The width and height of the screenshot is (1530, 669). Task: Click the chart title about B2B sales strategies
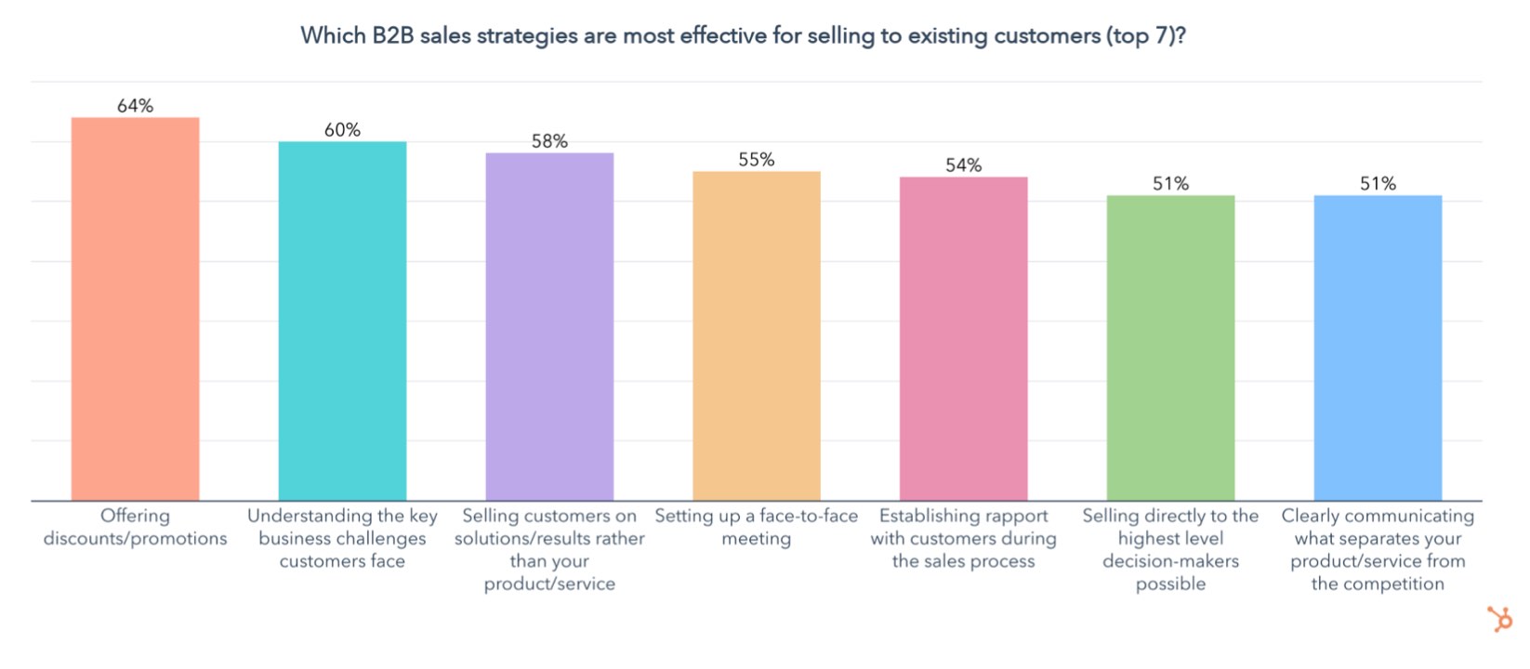pyautogui.click(x=743, y=36)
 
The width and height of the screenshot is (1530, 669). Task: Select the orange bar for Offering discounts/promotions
pyautogui.click(x=135, y=308)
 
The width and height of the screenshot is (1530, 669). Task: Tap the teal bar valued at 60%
pyautogui.click(x=342, y=321)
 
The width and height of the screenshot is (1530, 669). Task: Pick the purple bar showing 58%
pyautogui.click(x=549, y=326)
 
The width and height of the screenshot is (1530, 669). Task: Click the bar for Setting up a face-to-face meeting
pyautogui.click(x=757, y=335)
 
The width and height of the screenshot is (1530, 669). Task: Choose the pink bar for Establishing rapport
pyautogui.click(x=963, y=338)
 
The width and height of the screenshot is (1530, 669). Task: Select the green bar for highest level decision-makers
pyautogui.click(x=1170, y=348)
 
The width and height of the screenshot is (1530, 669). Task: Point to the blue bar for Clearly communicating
pyautogui.click(x=1378, y=348)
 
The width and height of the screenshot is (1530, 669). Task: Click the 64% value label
pyautogui.click(x=135, y=106)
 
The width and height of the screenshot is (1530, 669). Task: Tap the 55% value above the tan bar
pyautogui.click(x=757, y=160)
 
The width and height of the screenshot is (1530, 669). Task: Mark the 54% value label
pyautogui.click(x=963, y=165)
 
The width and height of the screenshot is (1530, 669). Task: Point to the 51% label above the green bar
pyautogui.click(x=1170, y=184)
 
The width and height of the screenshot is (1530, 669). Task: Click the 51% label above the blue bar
pyautogui.click(x=1378, y=184)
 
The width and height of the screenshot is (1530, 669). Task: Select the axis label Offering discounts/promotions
pyautogui.click(x=135, y=527)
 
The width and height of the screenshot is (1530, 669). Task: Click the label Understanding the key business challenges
pyautogui.click(x=342, y=538)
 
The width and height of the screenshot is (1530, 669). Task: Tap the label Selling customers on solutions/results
pyautogui.click(x=549, y=549)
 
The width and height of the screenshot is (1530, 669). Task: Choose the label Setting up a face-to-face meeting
pyautogui.click(x=757, y=527)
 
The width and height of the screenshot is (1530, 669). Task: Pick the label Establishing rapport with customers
pyautogui.click(x=963, y=538)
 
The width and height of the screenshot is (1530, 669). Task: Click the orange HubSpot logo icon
pyautogui.click(x=1499, y=618)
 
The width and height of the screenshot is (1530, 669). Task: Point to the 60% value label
pyautogui.click(x=342, y=130)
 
